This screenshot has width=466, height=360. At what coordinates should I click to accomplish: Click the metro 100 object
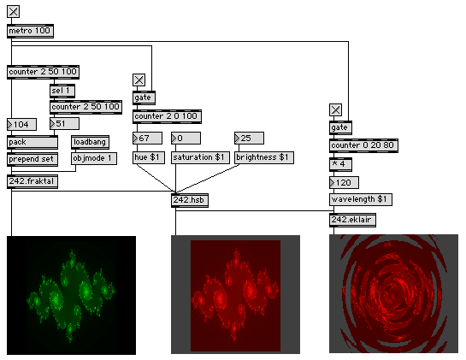pyautogui.click(x=30, y=31)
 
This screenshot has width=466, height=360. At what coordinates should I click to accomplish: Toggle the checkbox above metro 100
pyautogui.click(x=14, y=12)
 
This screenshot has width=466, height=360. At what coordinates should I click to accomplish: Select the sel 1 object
pyautogui.click(x=62, y=91)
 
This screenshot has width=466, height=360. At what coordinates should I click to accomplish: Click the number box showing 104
pyautogui.click(x=21, y=124)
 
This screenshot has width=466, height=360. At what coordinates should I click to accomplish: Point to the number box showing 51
pyautogui.click(x=64, y=124)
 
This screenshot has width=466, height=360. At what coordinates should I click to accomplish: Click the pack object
pyautogui.click(x=32, y=143)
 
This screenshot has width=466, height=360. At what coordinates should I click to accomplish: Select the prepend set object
pyautogui.click(x=32, y=159)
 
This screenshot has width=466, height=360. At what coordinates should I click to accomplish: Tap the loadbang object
pyautogui.click(x=90, y=143)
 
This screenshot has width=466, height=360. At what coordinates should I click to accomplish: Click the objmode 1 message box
pyautogui.click(x=94, y=158)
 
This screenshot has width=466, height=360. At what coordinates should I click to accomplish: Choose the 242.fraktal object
pyautogui.click(x=32, y=181)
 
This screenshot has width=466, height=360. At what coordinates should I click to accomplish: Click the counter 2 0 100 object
pyautogui.click(x=167, y=116)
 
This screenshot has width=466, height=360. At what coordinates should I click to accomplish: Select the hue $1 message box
pyautogui.click(x=149, y=157)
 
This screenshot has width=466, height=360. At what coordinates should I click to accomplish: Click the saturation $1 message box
pyautogui.click(x=200, y=157)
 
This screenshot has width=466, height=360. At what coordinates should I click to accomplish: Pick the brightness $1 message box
pyautogui.click(x=264, y=157)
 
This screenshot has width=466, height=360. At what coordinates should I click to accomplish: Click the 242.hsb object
pyautogui.click(x=190, y=200)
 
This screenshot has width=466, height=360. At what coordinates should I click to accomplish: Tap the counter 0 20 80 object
pyautogui.click(x=363, y=145)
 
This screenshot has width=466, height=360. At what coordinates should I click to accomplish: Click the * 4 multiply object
pyautogui.click(x=340, y=164)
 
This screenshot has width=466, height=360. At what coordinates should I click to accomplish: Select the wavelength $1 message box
pyautogui.click(x=361, y=199)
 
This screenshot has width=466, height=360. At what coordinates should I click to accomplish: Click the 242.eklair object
pyautogui.click(x=352, y=221)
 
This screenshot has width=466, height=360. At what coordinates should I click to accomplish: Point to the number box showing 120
pyautogui.click(x=344, y=183)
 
